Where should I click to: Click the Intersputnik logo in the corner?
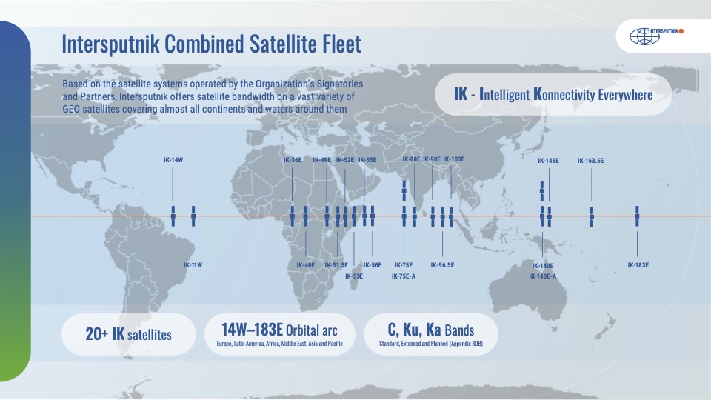point(656,35)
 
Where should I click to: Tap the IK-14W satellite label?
point(173,160)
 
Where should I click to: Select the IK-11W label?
point(193,264)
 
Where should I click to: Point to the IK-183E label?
point(638,264)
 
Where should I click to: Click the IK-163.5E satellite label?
point(590,160)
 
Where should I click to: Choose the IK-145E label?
point(548,160)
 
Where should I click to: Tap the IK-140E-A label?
point(543,276)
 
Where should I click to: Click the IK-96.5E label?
point(442,264)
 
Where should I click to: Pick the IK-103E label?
point(454,159)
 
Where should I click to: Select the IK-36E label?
point(293,159)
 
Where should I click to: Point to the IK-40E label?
point(306,264)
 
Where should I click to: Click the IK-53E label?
point(354,276)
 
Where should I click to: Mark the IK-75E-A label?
point(404,276)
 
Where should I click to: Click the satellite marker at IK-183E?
point(638,216)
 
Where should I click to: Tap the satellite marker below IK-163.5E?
point(592,216)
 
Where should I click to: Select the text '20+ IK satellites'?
point(128,335)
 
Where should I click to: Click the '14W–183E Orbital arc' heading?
point(280,330)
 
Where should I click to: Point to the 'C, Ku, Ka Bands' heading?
point(430,330)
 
